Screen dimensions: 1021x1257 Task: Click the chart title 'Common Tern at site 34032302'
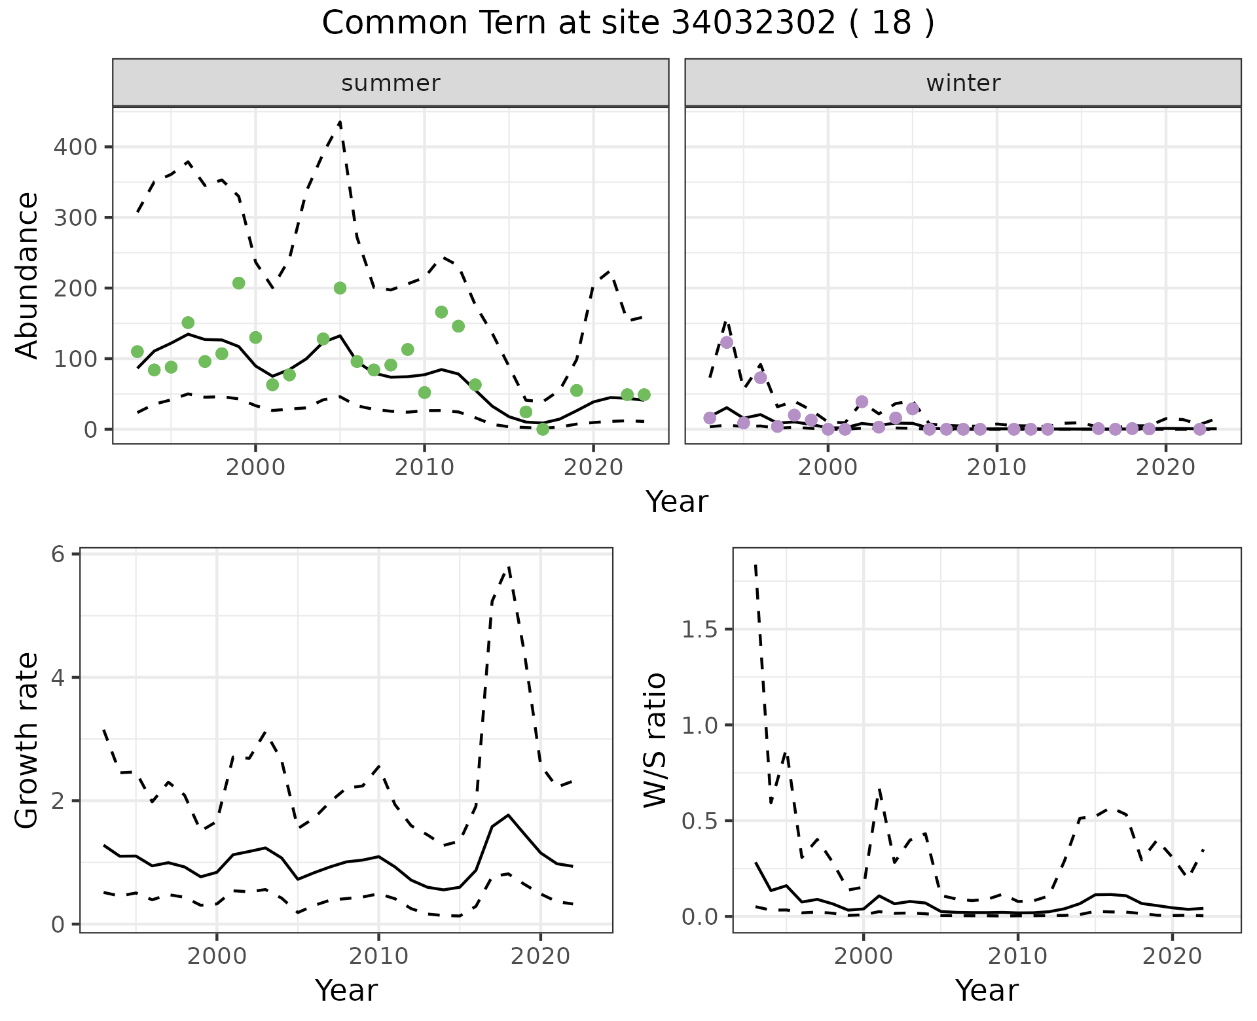pos(627,24)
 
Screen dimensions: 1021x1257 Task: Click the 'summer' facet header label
pos(391,83)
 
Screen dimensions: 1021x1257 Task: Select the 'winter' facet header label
pos(963,83)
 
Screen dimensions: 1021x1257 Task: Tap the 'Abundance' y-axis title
pos(27,275)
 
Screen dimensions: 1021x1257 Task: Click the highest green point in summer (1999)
pos(239,283)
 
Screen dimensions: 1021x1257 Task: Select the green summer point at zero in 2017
pos(543,429)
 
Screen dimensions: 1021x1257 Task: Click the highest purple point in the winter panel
pos(727,342)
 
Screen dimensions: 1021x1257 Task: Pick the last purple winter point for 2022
pos(1199,429)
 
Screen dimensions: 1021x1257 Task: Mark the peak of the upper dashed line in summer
pos(340,122)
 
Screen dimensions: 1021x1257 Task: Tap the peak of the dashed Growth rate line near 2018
pos(509,567)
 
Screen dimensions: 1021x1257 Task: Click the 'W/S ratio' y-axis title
pos(655,740)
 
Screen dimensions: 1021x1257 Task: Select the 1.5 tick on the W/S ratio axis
pos(699,630)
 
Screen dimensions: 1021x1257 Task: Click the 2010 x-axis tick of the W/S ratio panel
pos(1018,956)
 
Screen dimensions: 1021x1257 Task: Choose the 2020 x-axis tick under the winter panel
pos(1165,467)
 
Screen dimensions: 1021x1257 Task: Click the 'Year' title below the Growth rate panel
pos(346,991)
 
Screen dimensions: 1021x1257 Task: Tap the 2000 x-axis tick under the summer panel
pos(255,467)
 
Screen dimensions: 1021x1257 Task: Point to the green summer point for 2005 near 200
pos(340,288)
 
